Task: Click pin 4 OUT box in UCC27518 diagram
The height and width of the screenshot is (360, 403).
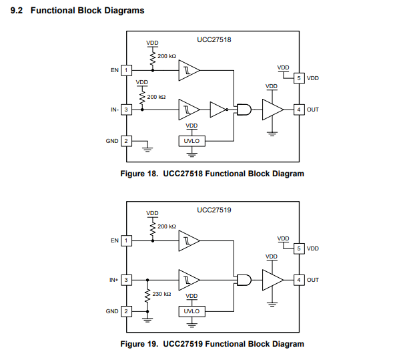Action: (300, 110)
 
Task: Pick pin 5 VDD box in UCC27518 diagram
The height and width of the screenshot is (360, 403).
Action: (300, 78)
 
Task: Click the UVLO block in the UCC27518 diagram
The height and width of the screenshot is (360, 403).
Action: (191, 141)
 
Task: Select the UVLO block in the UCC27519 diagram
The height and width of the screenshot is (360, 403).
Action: (191, 311)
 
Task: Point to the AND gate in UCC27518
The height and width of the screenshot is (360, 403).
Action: (245, 110)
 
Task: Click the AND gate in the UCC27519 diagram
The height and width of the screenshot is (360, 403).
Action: (245, 280)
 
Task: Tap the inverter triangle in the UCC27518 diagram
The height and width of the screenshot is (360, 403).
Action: (218, 110)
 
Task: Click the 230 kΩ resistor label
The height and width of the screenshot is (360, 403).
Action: (161, 294)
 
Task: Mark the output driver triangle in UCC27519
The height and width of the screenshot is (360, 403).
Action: (272, 280)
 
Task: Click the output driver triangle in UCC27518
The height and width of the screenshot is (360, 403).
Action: (272, 110)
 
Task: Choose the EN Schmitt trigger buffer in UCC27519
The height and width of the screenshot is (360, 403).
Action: (188, 240)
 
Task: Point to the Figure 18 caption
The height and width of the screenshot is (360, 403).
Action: (212, 174)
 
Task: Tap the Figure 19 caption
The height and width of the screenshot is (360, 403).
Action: (212, 344)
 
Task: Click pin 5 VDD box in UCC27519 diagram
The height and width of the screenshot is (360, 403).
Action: (300, 248)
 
